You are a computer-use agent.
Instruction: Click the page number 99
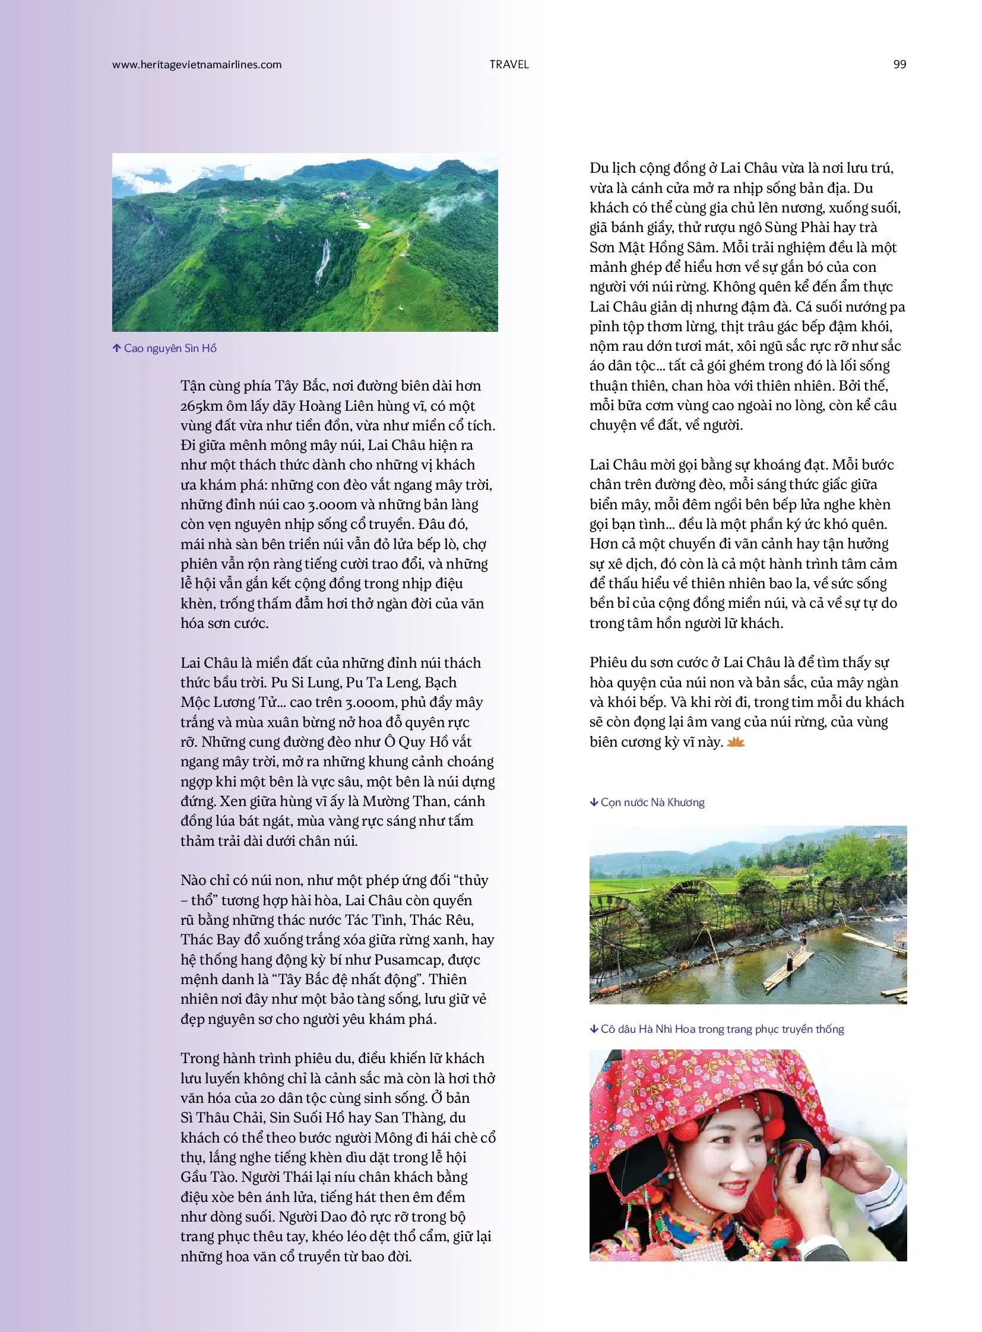899,65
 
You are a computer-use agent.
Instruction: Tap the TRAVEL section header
509,65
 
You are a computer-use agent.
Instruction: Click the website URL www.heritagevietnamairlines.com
197,65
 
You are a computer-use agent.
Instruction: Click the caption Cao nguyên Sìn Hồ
170,348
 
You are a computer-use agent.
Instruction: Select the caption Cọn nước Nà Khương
652,803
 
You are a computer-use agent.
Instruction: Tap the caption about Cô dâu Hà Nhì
721,1029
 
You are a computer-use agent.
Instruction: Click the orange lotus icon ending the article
736,742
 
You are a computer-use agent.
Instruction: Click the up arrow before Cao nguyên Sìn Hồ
116,348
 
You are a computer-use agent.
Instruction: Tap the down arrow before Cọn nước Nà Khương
594,803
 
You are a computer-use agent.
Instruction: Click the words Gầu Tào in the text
210,1177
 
